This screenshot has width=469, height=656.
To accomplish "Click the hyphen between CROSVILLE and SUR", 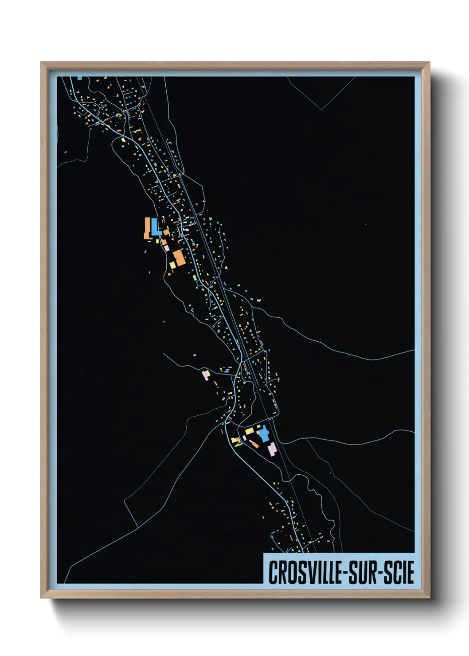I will point(345,573).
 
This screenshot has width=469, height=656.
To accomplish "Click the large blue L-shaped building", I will point(155,227).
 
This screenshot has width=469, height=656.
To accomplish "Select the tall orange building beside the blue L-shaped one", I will point(147,228).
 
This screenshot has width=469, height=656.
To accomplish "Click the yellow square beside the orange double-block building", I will point(172,265).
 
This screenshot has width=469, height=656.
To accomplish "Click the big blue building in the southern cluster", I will point(264,433).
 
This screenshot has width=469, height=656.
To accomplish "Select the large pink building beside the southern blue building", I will point(272,449).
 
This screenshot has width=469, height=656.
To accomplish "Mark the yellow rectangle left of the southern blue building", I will point(250,431).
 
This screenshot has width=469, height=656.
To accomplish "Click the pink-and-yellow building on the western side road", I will point(206,375).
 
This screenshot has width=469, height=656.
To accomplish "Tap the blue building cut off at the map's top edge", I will point(80,78).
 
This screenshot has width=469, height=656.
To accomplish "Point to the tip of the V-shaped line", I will point(322,109).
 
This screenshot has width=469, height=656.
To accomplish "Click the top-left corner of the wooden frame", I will point(41,62).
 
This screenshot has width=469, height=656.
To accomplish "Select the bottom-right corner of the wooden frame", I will point(429,597).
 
